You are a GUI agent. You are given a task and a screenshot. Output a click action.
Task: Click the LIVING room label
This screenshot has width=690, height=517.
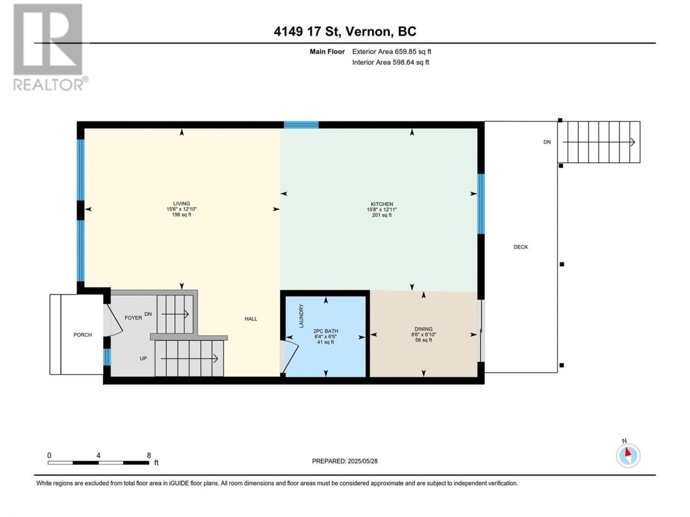(181, 204)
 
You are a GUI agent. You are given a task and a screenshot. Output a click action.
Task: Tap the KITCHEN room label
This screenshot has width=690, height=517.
(382, 204)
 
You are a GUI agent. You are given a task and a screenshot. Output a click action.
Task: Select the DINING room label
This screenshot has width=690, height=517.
(423, 329)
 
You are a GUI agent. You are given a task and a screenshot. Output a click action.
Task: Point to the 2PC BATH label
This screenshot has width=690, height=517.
(326, 331)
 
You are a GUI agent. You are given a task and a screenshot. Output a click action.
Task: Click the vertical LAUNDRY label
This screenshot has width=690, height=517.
(301, 316)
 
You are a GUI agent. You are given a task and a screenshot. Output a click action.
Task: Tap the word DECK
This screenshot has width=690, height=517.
(521, 247)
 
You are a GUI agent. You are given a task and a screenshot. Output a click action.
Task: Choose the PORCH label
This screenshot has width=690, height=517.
(82, 335)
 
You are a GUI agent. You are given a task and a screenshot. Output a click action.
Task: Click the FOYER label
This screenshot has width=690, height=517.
(133, 318)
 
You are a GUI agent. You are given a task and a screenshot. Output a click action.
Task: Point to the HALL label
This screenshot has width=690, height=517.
(251, 319)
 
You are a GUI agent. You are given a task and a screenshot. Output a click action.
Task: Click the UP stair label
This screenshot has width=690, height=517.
(143, 359)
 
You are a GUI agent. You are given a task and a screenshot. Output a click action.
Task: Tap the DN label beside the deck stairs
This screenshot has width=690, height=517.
(547, 142)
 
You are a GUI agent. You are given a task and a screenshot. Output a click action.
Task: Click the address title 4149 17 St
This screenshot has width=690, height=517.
(307, 31)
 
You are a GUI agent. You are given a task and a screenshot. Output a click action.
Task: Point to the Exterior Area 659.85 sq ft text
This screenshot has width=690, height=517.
(392, 52)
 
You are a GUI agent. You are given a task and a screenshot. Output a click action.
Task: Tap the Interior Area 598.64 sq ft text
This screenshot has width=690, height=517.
(390, 62)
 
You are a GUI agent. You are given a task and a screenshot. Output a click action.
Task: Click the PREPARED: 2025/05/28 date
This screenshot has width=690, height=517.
(345, 461)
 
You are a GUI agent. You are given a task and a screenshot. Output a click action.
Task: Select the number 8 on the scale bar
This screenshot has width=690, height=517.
(149, 455)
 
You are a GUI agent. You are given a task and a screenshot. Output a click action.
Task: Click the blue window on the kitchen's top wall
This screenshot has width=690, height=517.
(301, 124)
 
